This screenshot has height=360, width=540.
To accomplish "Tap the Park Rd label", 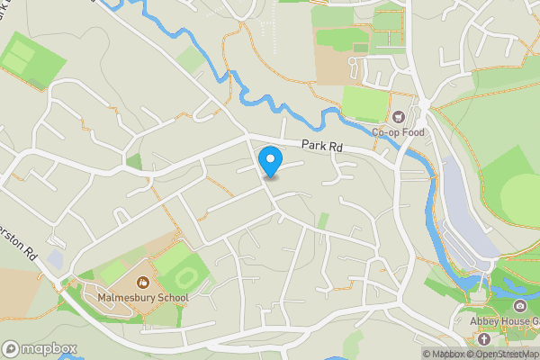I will tap(322, 146).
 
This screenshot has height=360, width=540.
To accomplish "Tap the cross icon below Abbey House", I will tap(484, 340).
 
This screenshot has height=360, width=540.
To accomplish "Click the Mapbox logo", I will tap(39, 349).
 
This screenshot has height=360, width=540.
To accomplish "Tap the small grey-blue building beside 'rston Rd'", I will tap(56, 260).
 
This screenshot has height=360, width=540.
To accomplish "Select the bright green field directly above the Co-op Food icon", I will tap(365, 103).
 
